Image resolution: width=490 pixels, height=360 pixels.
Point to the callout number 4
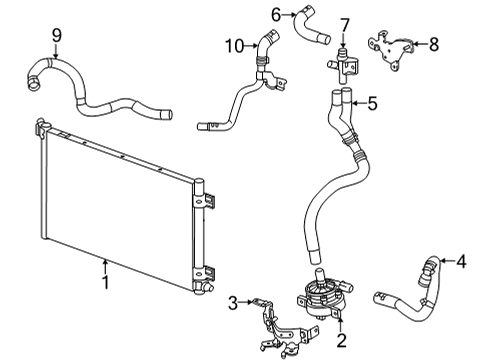461,262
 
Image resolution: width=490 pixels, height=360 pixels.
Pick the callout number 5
371,101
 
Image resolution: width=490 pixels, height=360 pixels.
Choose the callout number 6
275,13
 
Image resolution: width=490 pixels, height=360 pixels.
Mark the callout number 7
343,24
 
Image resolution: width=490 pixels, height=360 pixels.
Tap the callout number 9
57,37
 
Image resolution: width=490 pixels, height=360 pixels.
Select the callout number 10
233,44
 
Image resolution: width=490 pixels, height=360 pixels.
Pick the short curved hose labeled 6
308,24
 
